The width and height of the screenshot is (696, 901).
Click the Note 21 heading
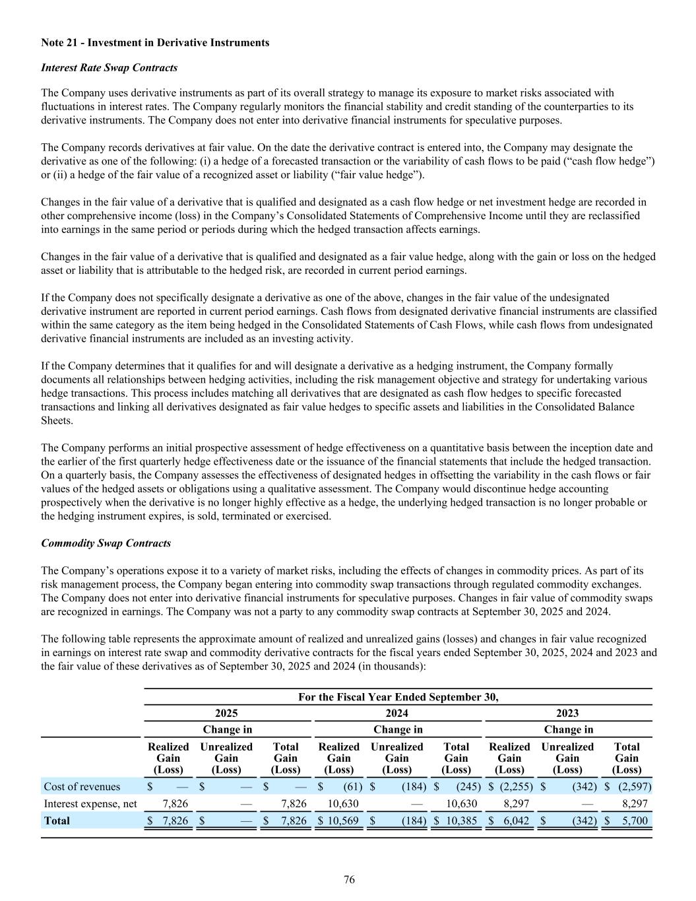pyautogui.click(x=155, y=42)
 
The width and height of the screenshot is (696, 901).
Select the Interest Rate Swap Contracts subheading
pyautogui.click(x=109, y=68)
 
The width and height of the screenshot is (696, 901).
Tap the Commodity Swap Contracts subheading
pyautogui.click(x=106, y=543)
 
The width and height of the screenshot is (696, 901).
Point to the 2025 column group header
pyautogui.click(x=226, y=713)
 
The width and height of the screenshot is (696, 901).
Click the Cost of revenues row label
pyautogui.click(x=82, y=786)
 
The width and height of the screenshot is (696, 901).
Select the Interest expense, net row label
pyautogui.click(x=90, y=803)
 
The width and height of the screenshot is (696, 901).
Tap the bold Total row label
pyautogui.click(x=57, y=820)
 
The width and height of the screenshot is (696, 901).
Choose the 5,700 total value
pyautogui.click(x=635, y=820)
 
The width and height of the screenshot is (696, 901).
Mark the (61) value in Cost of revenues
pyautogui.click(x=350, y=786)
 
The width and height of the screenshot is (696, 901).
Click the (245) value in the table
pyautogui.click(x=467, y=786)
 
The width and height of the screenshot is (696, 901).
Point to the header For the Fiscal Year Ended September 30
pyautogui.click(x=398, y=697)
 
